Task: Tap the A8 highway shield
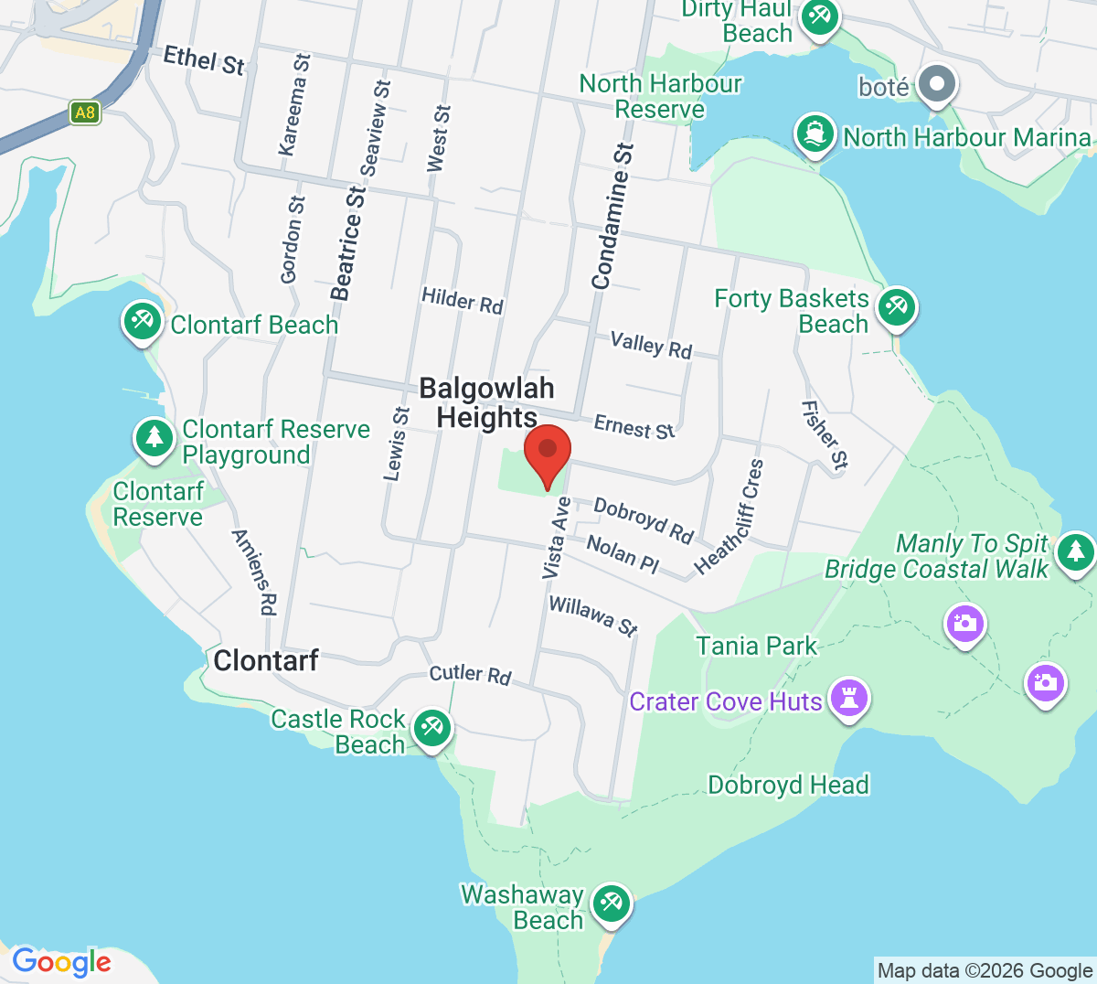84,113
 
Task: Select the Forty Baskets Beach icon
896,307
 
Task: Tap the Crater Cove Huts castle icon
849,700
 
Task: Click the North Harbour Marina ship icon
815,134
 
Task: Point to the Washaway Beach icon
610,904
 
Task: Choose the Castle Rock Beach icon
431,728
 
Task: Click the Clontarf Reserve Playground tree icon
154,437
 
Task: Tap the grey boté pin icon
936,85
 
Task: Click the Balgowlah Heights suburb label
487,402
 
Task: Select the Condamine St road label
612,217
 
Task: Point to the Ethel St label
204,61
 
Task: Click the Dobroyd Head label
788,785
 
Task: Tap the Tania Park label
756,646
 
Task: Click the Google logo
61,961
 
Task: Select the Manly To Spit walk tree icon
1075,551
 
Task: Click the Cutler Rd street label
470,674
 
